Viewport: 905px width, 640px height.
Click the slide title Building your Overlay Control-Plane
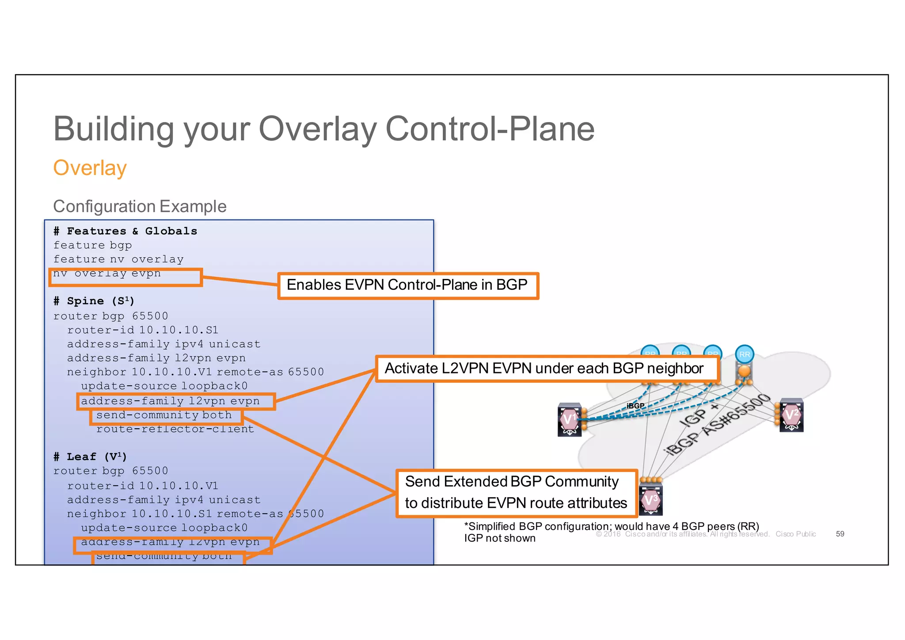click(x=323, y=129)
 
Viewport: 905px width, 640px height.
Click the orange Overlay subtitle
click(x=90, y=168)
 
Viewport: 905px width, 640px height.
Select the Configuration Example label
click(x=140, y=206)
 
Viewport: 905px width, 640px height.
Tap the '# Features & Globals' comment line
click(x=125, y=231)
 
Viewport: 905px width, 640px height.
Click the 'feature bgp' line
click(x=92, y=245)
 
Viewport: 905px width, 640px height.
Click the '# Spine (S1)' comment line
click(x=94, y=301)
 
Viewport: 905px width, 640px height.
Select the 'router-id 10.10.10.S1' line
click(x=142, y=330)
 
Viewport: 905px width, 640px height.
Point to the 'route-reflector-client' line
click(x=175, y=429)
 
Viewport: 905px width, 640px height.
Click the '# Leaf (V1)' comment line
click(x=90, y=457)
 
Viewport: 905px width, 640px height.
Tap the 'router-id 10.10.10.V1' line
click(x=142, y=486)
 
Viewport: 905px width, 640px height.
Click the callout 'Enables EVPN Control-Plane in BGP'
click(x=407, y=286)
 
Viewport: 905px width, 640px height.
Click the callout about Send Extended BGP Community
click(x=516, y=493)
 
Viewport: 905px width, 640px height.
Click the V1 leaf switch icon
click(x=570, y=419)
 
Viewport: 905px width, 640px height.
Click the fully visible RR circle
click(x=745, y=354)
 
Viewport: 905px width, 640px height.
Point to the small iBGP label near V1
click(x=635, y=406)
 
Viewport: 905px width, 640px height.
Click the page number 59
click(x=840, y=534)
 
